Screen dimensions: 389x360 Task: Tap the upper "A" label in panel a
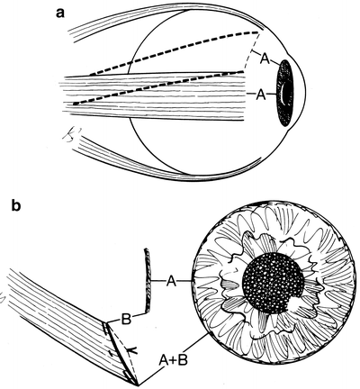point(265,59)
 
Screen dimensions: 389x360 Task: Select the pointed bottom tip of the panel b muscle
point(138,384)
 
